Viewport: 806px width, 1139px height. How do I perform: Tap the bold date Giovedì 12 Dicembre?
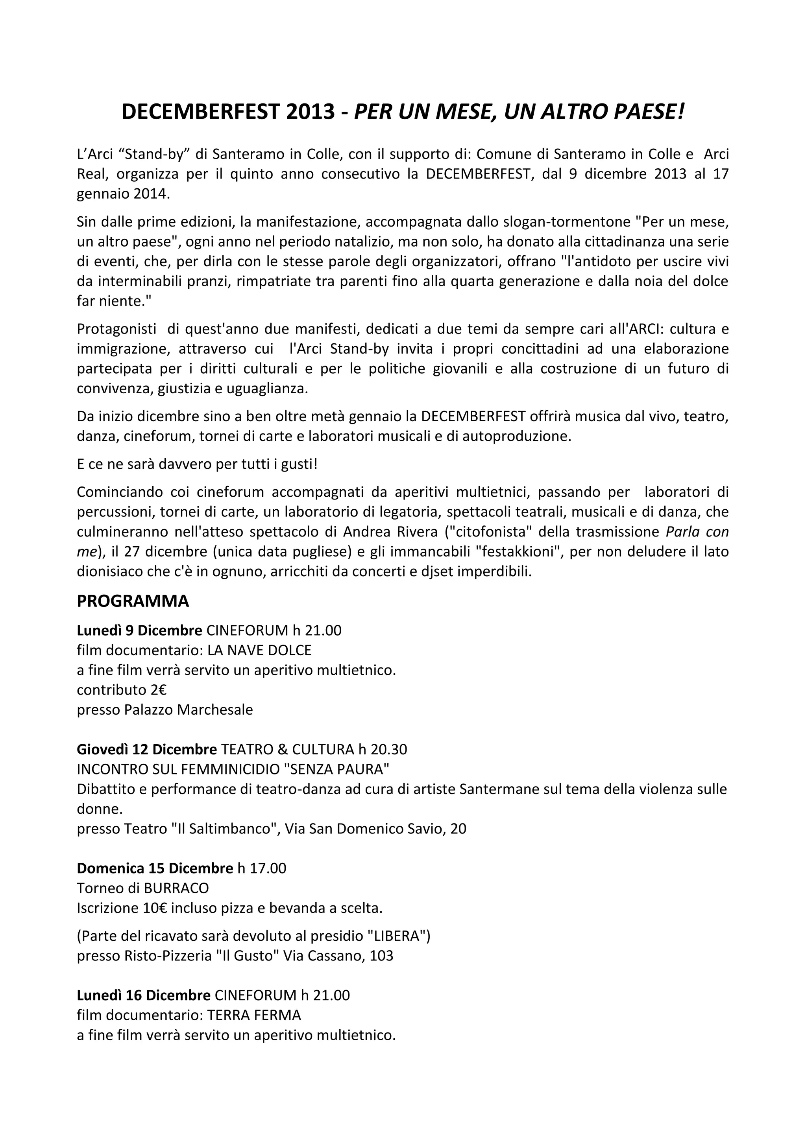pyautogui.click(x=147, y=749)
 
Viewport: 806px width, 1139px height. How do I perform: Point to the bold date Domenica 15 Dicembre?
pyautogui.click(x=155, y=868)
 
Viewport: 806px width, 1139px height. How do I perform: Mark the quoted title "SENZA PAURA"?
pyautogui.click(x=336, y=769)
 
